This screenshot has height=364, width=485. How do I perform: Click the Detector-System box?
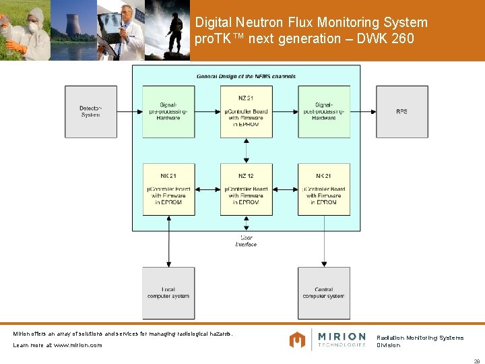(x=90, y=111)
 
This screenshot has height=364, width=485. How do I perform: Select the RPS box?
(x=401, y=111)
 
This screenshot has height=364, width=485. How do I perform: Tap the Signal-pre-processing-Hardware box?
(x=168, y=111)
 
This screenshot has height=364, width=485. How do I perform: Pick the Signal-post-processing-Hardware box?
(x=324, y=111)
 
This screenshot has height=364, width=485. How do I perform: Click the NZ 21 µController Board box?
(x=246, y=111)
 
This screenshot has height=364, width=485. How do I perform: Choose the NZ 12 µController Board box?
(x=246, y=189)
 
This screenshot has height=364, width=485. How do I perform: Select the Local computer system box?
(x=168, y=293)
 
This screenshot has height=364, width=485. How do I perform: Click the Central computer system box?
(x=324, y=293)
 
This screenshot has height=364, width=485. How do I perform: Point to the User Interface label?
(x=246, y=241)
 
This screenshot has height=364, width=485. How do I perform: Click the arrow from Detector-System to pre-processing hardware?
(x=129, y=111)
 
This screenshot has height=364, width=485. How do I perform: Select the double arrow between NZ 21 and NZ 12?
(x=246, y=150)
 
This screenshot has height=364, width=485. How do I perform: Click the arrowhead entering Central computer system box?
(x=324, y=264)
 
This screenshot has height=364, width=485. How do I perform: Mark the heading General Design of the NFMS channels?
(x=246, y=76)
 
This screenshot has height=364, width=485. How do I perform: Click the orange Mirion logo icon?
(x=297, y=340)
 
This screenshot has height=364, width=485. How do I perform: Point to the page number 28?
(x=476, y=361)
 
